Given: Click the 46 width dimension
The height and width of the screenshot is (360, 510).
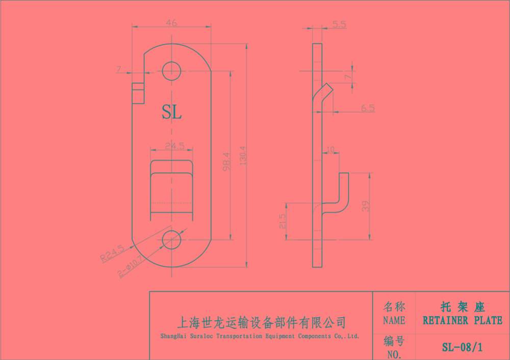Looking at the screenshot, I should point(171,22).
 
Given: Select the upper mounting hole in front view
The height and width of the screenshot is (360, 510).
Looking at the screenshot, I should point(172,71).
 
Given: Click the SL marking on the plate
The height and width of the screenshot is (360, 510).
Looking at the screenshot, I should point(171,112).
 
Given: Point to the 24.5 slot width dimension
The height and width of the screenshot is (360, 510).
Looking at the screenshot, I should point(174,146).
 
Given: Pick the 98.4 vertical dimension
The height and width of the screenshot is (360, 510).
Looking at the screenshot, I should point(226,161).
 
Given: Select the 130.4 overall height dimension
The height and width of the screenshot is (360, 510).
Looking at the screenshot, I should point(242,155).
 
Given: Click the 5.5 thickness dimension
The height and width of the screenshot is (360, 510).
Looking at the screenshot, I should point(339,24).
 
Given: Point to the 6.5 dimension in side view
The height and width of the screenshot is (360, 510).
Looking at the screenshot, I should point(367,108).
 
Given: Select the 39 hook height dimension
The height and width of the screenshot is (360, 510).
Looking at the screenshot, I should point(364,206).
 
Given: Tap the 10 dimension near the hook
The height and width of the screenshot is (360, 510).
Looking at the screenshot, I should point(330,149).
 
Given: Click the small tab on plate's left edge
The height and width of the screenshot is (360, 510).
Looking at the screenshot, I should point(137,93).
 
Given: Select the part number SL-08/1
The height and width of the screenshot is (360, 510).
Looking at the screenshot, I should point(462,348).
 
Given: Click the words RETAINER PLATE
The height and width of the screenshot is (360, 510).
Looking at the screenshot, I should point(462,320).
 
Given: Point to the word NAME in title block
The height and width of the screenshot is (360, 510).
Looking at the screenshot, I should point(394,321).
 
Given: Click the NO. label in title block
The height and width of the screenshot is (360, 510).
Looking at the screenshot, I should point(394,353).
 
